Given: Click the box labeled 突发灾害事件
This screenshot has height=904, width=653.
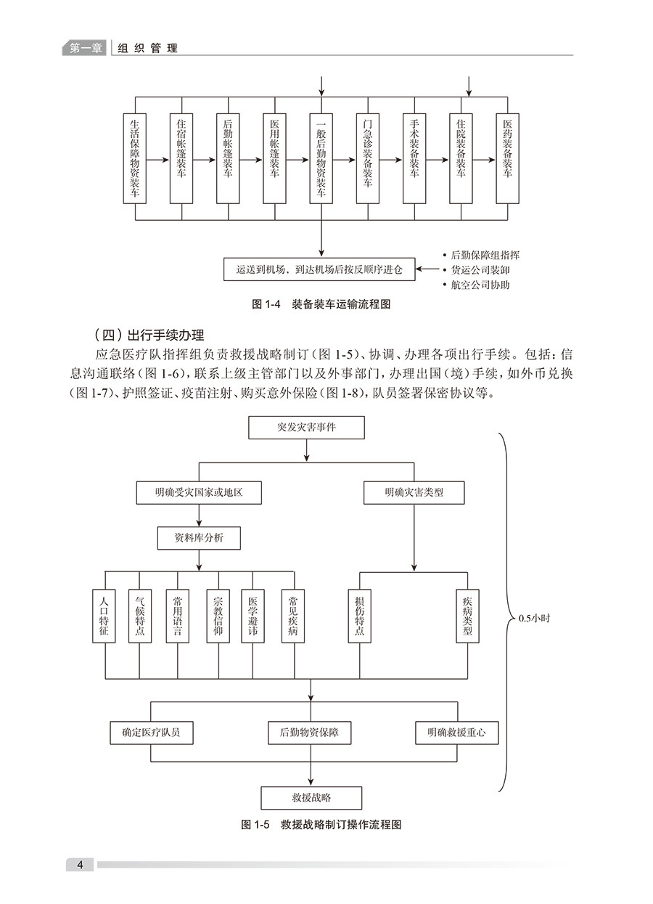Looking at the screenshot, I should [306, 428].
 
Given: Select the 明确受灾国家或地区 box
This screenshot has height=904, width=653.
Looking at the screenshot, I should [198, 493].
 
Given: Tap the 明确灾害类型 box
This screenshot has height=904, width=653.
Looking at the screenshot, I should [414, 493].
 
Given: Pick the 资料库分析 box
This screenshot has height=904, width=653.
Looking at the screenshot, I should [198, 538].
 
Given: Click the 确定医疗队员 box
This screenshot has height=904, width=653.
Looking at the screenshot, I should [151, 733].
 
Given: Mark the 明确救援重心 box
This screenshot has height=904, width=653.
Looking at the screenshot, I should [457, 733].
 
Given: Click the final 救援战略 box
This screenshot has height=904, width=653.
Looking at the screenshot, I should [311, 797].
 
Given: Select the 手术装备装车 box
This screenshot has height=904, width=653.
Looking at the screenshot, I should [414, 158].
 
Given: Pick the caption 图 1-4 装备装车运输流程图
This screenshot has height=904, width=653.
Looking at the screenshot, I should [321, 305].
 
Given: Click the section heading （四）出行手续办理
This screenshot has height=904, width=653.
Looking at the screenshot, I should [149, 335].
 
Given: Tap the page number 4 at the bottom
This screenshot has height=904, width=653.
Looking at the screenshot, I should [81, 865].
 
